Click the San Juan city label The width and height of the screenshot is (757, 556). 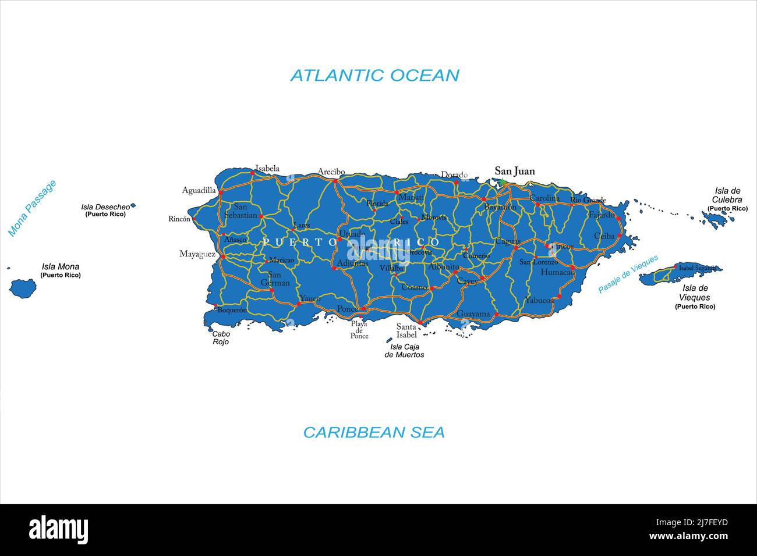(514, 171)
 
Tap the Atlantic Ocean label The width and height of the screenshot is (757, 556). (374, 75)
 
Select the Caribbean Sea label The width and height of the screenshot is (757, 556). (374, 432)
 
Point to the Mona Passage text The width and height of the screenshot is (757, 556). (32, 208)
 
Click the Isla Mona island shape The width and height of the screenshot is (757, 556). (23, 287)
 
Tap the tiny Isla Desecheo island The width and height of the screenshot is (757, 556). (133, 205)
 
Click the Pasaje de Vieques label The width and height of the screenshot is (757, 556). (628, 273)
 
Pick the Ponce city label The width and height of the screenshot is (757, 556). (347, 309)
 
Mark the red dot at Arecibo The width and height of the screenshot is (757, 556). (335, 181)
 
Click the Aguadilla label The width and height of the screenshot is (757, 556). (199, 190)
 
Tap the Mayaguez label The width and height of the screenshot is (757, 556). (197, 254)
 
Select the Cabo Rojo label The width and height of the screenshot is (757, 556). (221, 338)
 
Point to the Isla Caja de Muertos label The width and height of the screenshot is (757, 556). (404, 351)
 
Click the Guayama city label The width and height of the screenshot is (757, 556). (473, 314)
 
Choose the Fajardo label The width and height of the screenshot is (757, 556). (601, 215)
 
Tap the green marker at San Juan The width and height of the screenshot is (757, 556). (501, 182)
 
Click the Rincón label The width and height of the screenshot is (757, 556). (179, 219)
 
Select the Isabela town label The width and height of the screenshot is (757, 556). (267, 169)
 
